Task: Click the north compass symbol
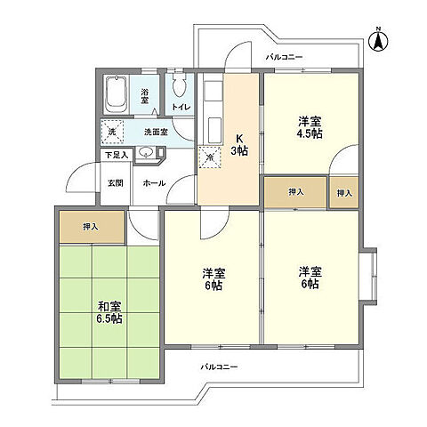(x=378, y=38)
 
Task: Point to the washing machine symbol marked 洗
(x=112, y=132)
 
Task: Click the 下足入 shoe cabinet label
(x=116, y=154)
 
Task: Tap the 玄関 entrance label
(x=116, y=182)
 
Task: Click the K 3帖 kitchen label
(x=239, y=145)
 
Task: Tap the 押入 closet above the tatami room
(x=90, y=226)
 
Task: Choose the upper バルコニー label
(x=284, y=57)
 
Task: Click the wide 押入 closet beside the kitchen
(x=296, y=192)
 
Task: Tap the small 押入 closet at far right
(x=343, y=192)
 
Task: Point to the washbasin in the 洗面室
(x=146, y=153)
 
